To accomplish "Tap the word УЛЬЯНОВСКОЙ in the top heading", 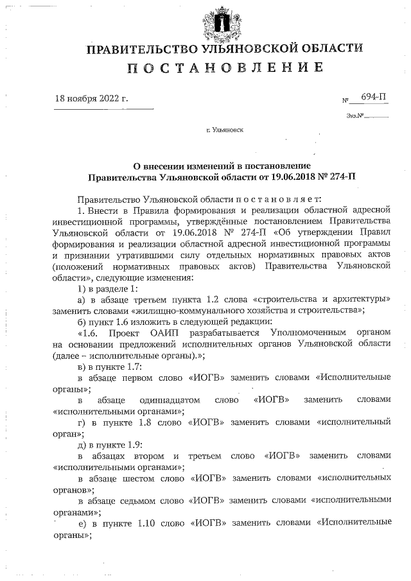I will coord(245,49).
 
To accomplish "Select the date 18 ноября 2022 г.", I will coord(92,99).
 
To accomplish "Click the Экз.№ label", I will coord(355,116).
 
